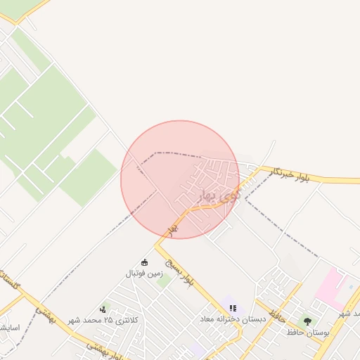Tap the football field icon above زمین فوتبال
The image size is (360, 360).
pos(145,262)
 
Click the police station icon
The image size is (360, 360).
pos(104,309)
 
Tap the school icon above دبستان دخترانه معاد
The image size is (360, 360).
pos(233,308)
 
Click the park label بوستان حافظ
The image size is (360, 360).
pos(307,331)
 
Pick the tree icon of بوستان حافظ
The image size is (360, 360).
pos(307,321)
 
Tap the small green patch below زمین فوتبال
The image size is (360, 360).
pos(164,283)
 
